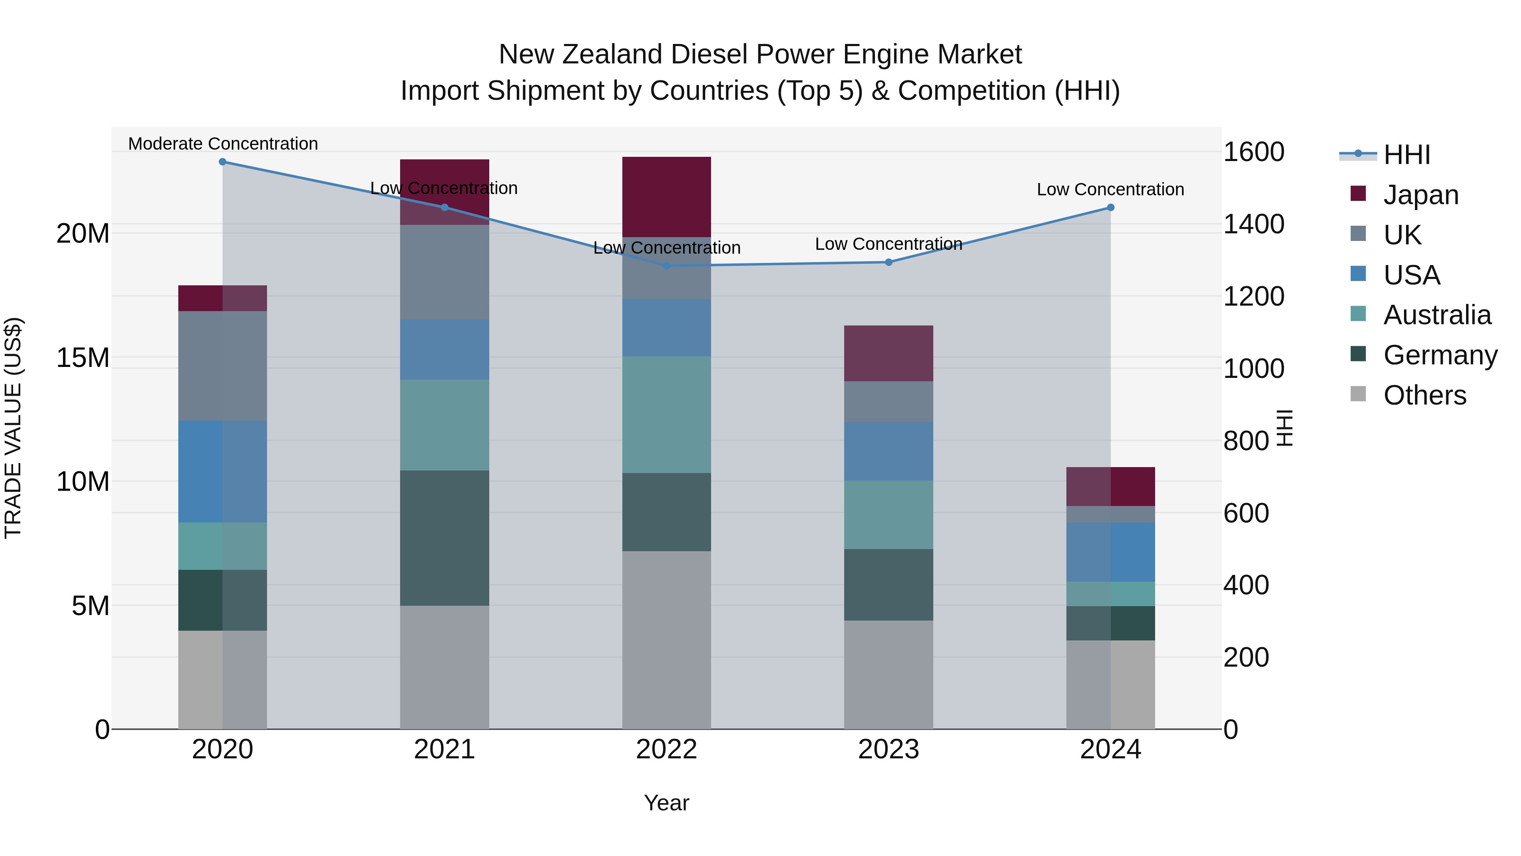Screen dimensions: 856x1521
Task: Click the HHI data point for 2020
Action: tap(223, 162)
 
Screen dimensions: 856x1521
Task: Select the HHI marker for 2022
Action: tap(667, 266)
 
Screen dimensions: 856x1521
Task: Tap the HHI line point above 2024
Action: tap(1111, 208)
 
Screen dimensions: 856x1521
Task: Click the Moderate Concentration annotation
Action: tap(223, 144)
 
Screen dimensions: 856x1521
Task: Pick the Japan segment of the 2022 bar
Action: tap(667, 197)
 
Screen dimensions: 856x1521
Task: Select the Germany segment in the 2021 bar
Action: tap(444, 538)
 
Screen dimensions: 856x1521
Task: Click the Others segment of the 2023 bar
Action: tap(889, 674)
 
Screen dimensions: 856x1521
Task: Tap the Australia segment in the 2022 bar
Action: tap(667, 414)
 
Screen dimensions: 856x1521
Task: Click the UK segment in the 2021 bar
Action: tap(444, 272)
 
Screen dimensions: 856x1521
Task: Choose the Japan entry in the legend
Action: tap(1420, 195)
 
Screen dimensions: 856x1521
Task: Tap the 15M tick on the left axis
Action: tap(83, 358)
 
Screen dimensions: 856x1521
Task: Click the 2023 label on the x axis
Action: tap(889, 749)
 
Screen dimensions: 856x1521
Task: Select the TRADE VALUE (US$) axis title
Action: tap(13, 428)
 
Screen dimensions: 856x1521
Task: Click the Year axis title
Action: tap(667, 803)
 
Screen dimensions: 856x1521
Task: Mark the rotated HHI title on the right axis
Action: tap(1285, 428)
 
